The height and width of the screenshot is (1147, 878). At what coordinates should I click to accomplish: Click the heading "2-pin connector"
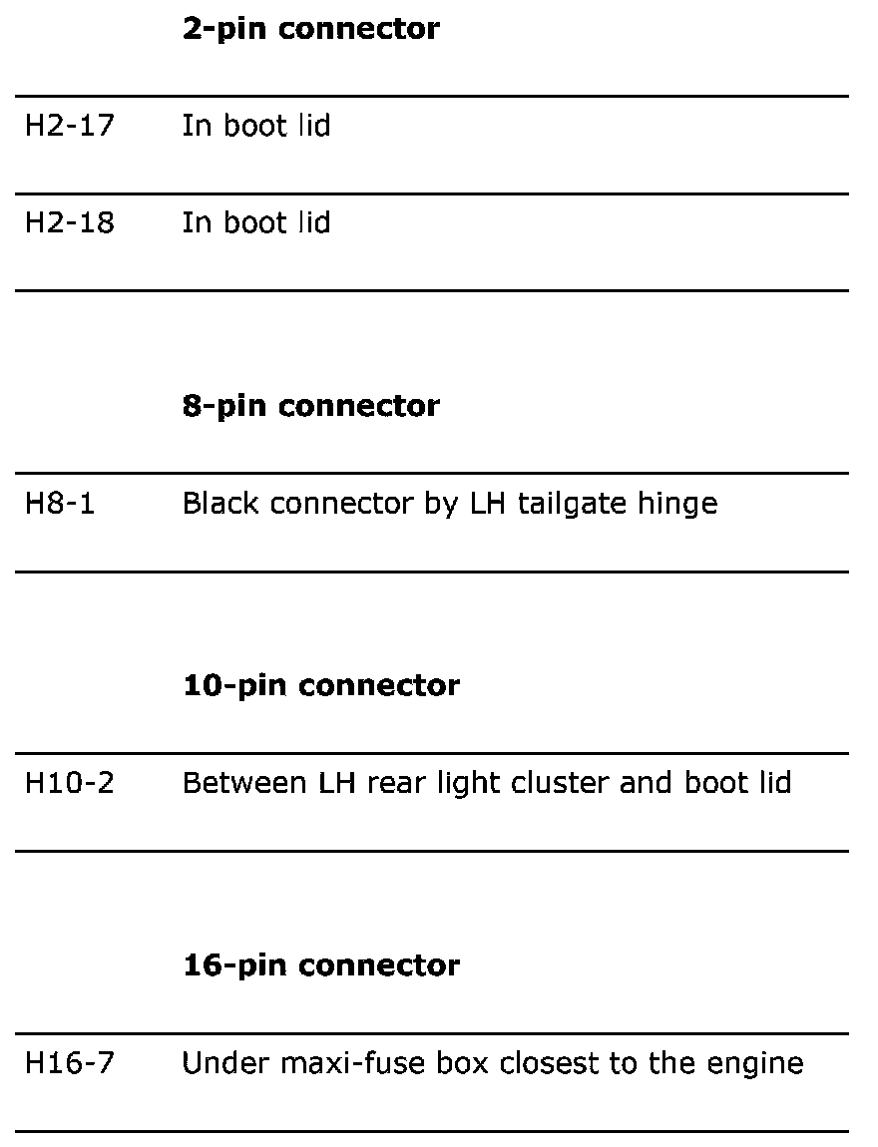click(x=310, y=29)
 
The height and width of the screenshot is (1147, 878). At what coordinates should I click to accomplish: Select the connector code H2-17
click(x=69, y=126)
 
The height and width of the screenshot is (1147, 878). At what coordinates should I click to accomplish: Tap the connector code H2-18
click(x=69, y=222)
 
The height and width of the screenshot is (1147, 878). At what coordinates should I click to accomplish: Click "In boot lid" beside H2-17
click(x=255, y=126)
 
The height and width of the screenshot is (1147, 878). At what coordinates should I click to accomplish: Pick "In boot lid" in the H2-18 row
click(x=255, y=222)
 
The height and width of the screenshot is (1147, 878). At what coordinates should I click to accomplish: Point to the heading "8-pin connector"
click(x=310, y=406)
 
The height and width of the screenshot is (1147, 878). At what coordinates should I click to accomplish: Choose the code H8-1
click(x=60, y=503)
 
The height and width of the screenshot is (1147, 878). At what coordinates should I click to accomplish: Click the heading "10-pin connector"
click(x=321, y=685)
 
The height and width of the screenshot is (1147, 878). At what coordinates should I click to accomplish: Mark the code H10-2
click(x=69, y=783)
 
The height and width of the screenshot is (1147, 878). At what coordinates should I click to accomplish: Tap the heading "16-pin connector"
click(x=321, y=965)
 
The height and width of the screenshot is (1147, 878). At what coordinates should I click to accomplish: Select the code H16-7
click(x=69, y=1063)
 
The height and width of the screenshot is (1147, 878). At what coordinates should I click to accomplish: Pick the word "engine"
click(x=760, y=1064)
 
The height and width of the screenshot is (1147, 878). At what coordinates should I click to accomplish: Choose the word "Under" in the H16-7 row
click(x=214, y=1063)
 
